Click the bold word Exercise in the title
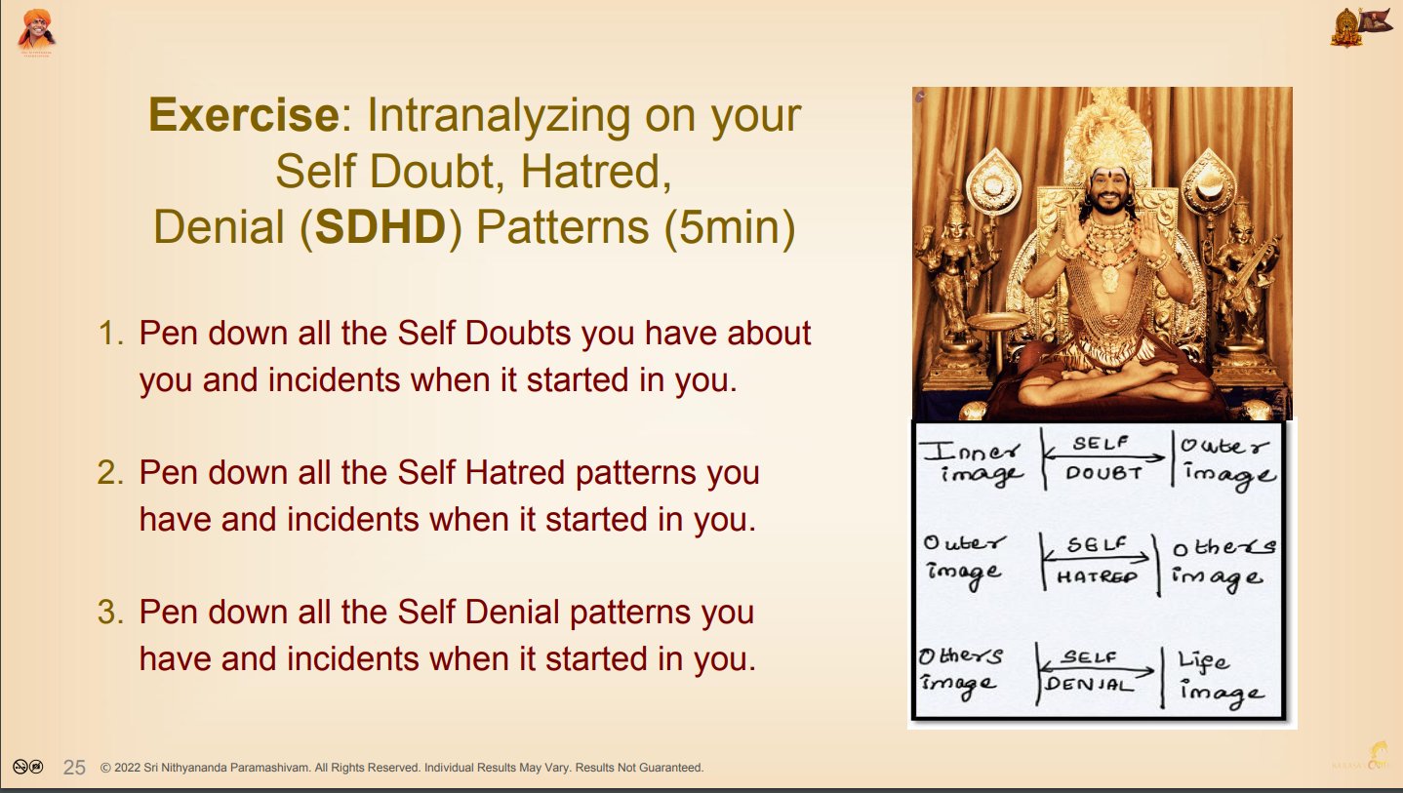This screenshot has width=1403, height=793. pyautogui.click(x=244, y=115)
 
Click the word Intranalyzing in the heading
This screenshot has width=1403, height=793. pyautogui.click(x=498, y=116)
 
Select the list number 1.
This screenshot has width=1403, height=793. pyautogui.click(x=110, y=334)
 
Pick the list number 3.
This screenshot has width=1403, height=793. pyautogui.click(x=110, y=612)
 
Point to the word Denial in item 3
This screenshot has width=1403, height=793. pyautogui.click(x=511, y=612)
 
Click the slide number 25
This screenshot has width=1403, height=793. pyautogui.click(x=74, y=768)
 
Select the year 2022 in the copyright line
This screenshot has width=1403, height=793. pyautogui.click(x=127, y=768)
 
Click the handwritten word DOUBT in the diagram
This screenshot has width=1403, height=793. pyautogui.click(x=1102, y=473)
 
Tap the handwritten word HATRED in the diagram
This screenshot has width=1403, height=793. pyautogui.click(x=1096, y=576)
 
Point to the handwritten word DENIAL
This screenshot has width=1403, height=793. pyautogui.click(x=1089, y=684)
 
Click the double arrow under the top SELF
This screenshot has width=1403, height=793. pyautogui.click(x=1104, y=457)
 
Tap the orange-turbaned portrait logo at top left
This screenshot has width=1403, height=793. pyautogui.click(x=36, y=32)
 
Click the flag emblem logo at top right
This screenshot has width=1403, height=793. pyautogui.click(x=1360, y=26)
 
